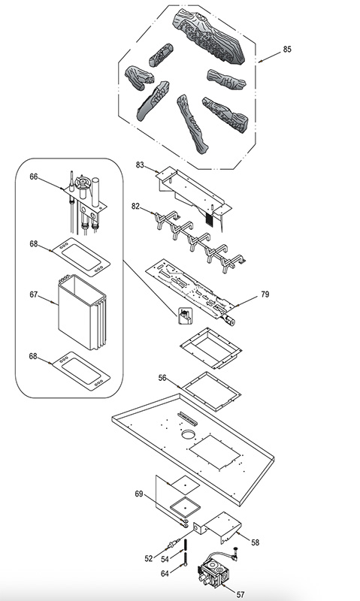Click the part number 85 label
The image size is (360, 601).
(287, 49)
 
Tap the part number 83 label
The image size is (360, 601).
(140, 165)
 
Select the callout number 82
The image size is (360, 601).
(135, 206)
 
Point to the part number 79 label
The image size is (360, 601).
(265, 294)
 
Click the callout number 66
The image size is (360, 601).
(34, 177)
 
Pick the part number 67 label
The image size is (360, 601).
(34, 294)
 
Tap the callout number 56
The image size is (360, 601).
(162, 378)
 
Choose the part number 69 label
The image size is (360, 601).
(139, 494)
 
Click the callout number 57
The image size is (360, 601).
(240, 594)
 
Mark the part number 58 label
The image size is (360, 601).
(256, 542)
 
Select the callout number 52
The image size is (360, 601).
(149, 559)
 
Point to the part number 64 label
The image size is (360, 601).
(165, 573)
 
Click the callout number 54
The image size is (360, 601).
(165, 560)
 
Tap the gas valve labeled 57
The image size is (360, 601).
(214, 570)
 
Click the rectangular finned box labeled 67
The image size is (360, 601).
(82, 312)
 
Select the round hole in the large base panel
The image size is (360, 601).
(188, 434)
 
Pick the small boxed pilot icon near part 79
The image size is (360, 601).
(186, 315)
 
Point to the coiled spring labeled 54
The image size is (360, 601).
(186, 545)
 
